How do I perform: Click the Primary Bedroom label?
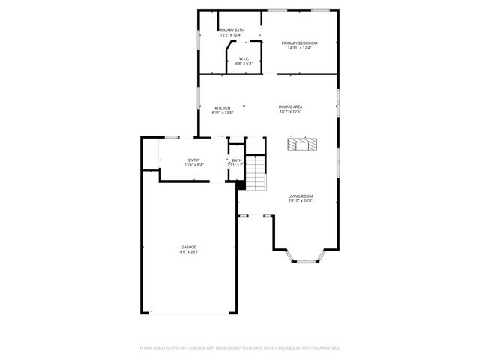click(299, 43)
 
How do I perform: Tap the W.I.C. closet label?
click(244, 58)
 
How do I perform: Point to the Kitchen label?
click(223, 108)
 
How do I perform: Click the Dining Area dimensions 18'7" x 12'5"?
click(290, 112)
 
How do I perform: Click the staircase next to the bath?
click(257, 175)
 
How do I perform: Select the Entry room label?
click(194, 160)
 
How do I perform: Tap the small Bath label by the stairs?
click(236, 160)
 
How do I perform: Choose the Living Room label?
click(301, 196)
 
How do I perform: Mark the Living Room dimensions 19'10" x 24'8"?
click(301, 201)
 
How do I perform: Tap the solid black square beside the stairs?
click(241, 185)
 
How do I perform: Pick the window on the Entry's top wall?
click(172, 137)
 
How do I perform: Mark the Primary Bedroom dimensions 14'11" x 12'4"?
click(299, 49)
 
